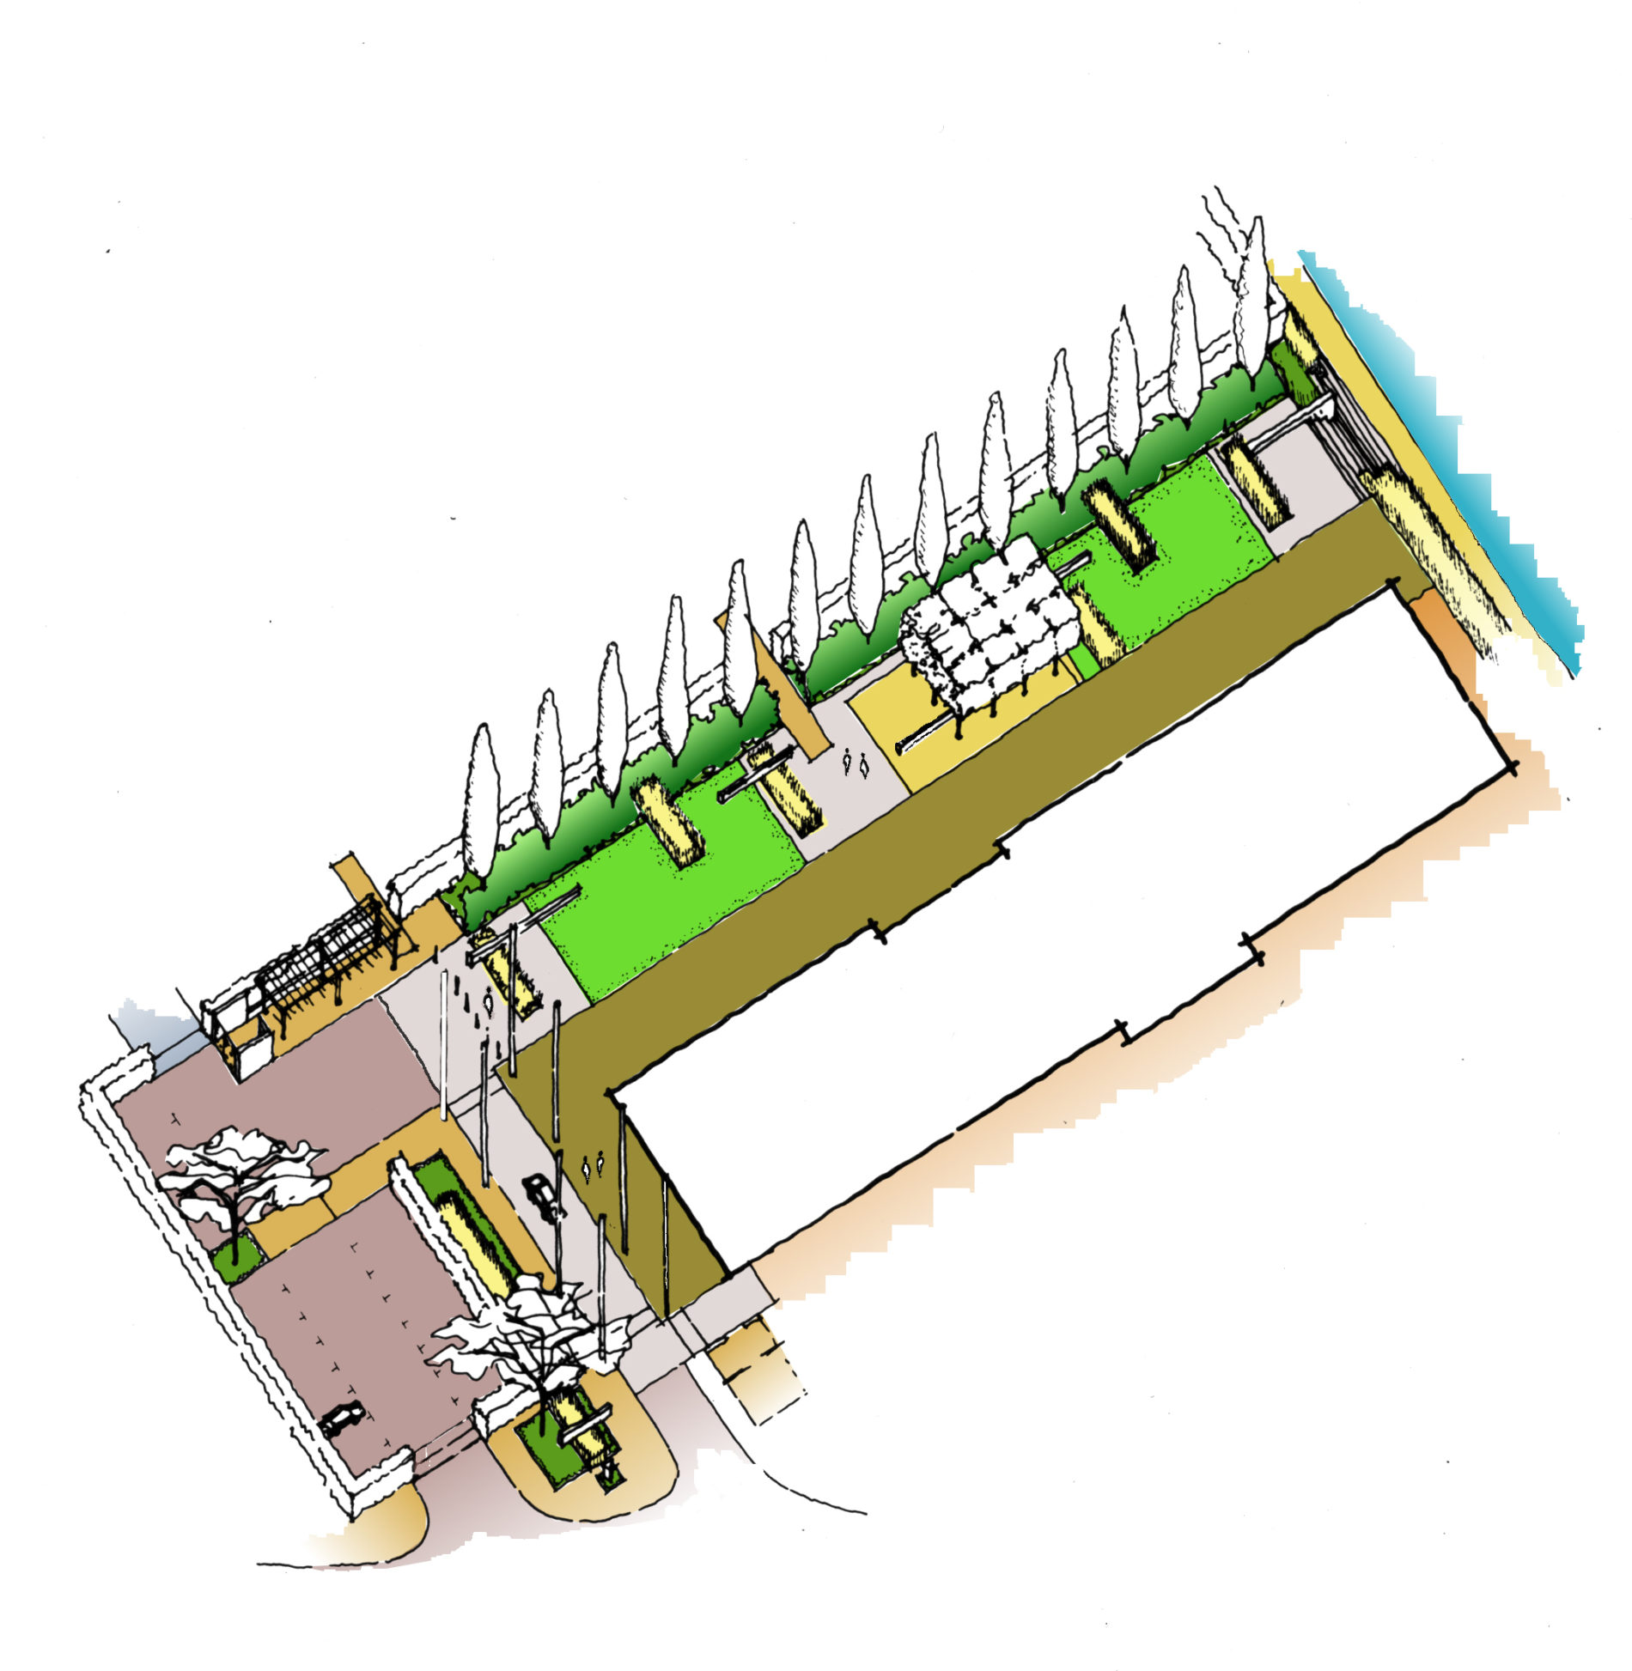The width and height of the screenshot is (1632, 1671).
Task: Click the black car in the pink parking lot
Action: click(x=342, y=1418)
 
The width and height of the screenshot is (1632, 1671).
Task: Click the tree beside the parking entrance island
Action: click(x=524, y=1340)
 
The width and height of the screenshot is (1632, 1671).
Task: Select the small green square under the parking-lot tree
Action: click(x=236, y=1258)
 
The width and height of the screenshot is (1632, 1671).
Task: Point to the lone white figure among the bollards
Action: click(x=489, y=1000)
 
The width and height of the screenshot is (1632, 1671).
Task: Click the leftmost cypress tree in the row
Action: click(x=481, y=799)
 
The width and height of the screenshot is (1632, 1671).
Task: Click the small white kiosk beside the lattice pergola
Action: click(x=245, y=1043)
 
